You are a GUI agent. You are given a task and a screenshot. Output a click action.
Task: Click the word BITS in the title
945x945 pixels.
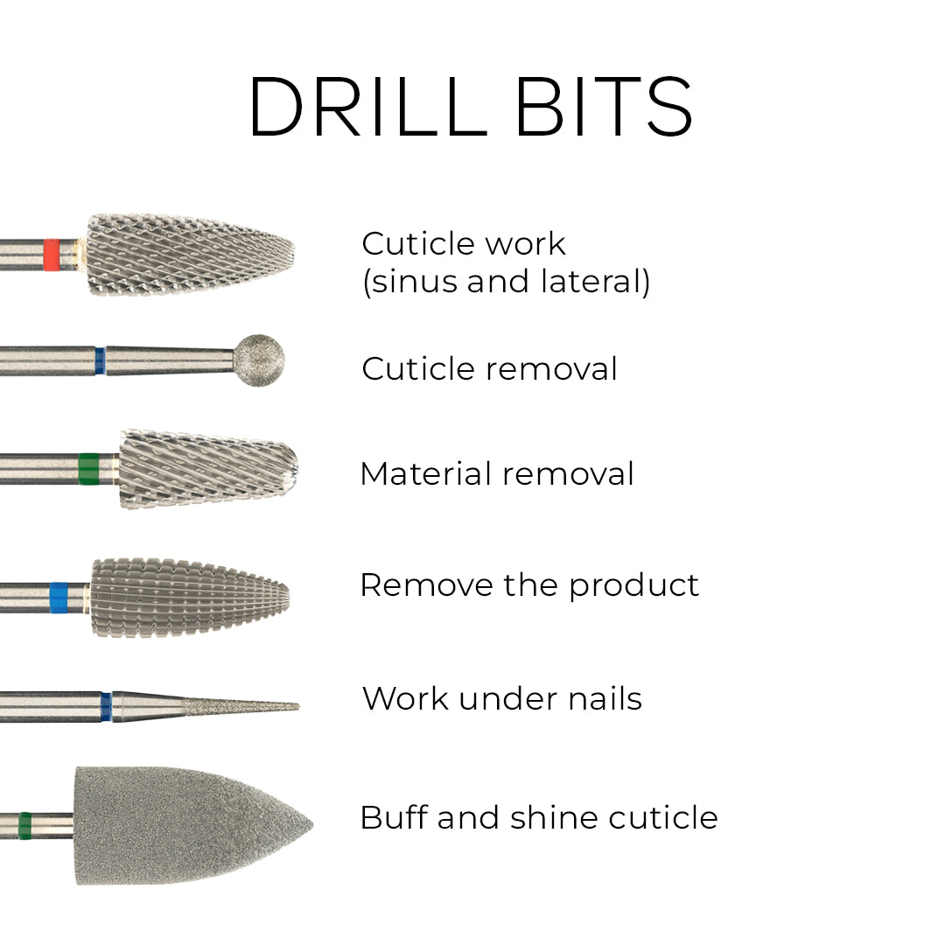click(604, 107)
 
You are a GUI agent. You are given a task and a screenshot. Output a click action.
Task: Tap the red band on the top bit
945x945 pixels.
click(52, 254)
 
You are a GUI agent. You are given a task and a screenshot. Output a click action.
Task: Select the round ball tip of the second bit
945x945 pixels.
click(259, 360)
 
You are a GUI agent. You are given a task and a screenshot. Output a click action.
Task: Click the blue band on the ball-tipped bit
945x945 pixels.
click(100, 360)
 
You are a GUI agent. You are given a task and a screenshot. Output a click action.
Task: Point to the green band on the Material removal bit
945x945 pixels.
click(88, 469)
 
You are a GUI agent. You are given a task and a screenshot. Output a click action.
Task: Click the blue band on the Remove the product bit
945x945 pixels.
click(59, 597)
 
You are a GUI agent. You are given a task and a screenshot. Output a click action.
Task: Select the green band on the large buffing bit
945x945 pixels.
click(25, 824)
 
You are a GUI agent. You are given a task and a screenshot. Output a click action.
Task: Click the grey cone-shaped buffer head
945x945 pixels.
click(184, 825)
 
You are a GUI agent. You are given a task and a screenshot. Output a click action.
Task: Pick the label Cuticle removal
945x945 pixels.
click(489, 368)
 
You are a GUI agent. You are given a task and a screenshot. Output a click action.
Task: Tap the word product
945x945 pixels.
click(634, 585)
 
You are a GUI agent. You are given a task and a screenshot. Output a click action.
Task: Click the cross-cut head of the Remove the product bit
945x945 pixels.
click(188, 597)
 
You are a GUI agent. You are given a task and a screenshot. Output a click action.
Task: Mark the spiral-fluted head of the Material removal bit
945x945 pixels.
click(206, 469)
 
